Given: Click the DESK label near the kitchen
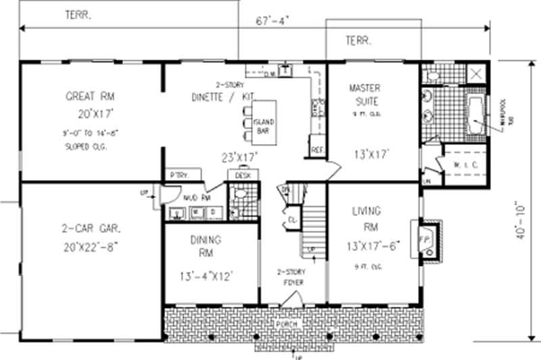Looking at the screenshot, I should (x=243, y=175).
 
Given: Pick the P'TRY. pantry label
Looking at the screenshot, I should (x=179, y=175).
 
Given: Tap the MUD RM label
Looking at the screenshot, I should (x=195, y=198).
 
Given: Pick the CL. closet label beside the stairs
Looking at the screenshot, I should (x=291, y=220).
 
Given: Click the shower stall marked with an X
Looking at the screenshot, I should (x=476, y=73).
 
